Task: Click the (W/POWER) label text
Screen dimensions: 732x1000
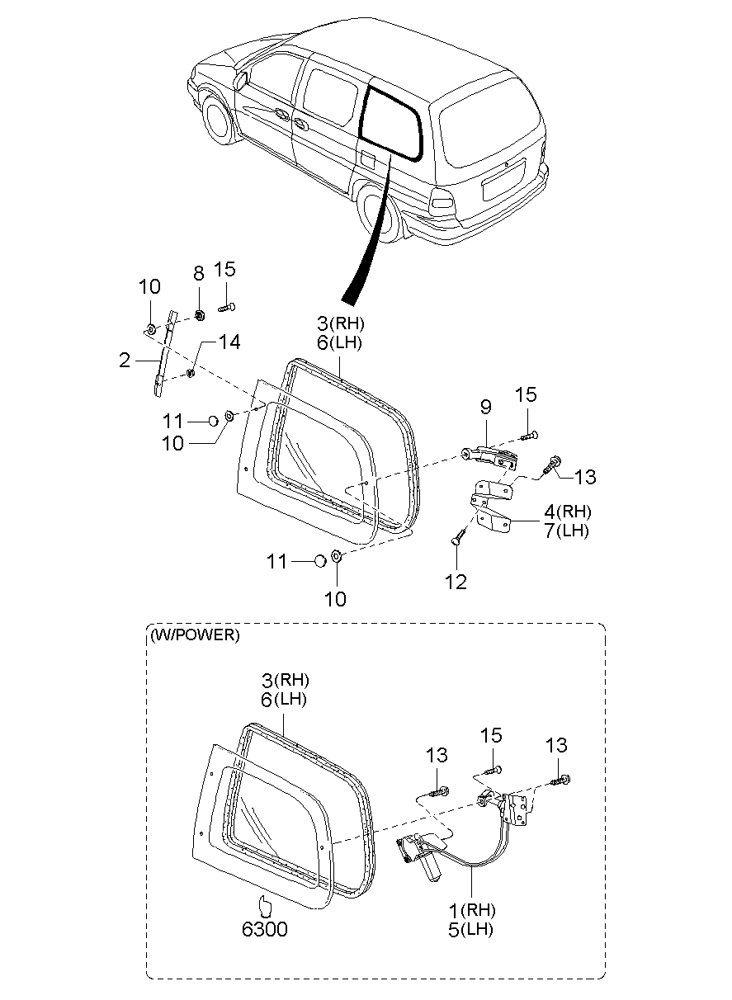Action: pyautogui.click(x=195, y=634)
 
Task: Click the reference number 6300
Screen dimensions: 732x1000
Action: pyautogui.click(x=265, y=929)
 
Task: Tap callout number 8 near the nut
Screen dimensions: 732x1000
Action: pyautogui.click(x=199, y=273)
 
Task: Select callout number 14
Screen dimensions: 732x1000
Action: pyautogui.click(x=229, y=342)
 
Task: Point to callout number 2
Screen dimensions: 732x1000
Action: pyautogui.click(x=125, y=361)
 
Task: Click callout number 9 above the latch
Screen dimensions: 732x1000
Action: pyautogui.click(x=486, y=407)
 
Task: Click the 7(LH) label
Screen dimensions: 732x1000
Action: pyautogui.click(x=566, y=531)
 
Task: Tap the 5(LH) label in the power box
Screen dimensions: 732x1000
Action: pyautogui.click(x=470, y=930)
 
